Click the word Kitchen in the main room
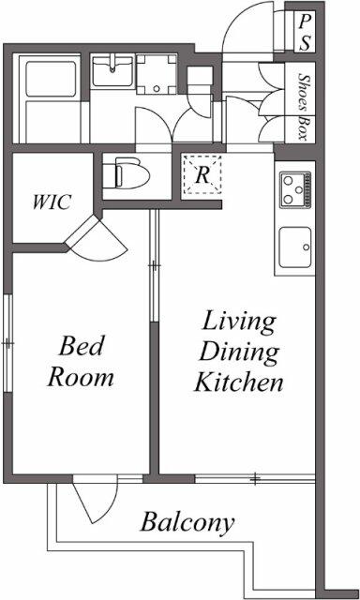pos(239,382)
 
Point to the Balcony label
pos(188,522)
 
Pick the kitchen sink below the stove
pos(295,247)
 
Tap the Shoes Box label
pos(303,105)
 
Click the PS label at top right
pos(306,32)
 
